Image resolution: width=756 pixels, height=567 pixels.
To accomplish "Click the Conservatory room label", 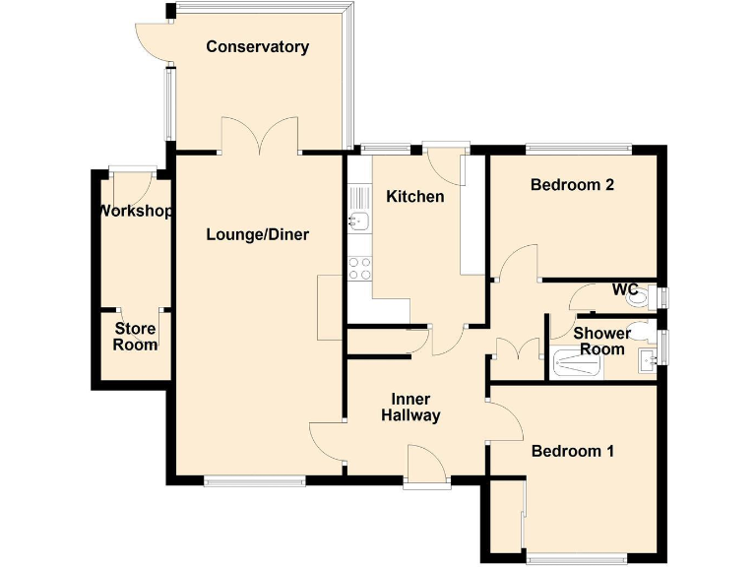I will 257,46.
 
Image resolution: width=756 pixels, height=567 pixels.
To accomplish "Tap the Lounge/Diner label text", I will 257,234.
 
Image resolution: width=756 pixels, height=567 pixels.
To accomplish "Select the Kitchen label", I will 414,197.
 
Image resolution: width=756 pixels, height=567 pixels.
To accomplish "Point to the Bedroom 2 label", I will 572,184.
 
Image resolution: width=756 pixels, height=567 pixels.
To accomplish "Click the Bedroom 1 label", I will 572,451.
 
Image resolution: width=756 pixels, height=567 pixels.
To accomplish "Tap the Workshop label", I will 135,212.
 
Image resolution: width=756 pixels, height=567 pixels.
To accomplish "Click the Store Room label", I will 135,337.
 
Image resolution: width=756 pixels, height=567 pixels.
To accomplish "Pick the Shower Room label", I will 601,342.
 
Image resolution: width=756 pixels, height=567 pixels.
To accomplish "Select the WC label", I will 625,289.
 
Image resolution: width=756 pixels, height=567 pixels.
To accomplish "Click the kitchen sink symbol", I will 357,221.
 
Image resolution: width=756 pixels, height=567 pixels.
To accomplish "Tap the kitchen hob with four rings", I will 359,268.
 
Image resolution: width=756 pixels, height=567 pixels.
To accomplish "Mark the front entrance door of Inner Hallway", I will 425,465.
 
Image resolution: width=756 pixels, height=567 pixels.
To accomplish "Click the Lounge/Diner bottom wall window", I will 255,481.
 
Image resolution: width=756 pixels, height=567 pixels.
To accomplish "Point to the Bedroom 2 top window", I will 577,149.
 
